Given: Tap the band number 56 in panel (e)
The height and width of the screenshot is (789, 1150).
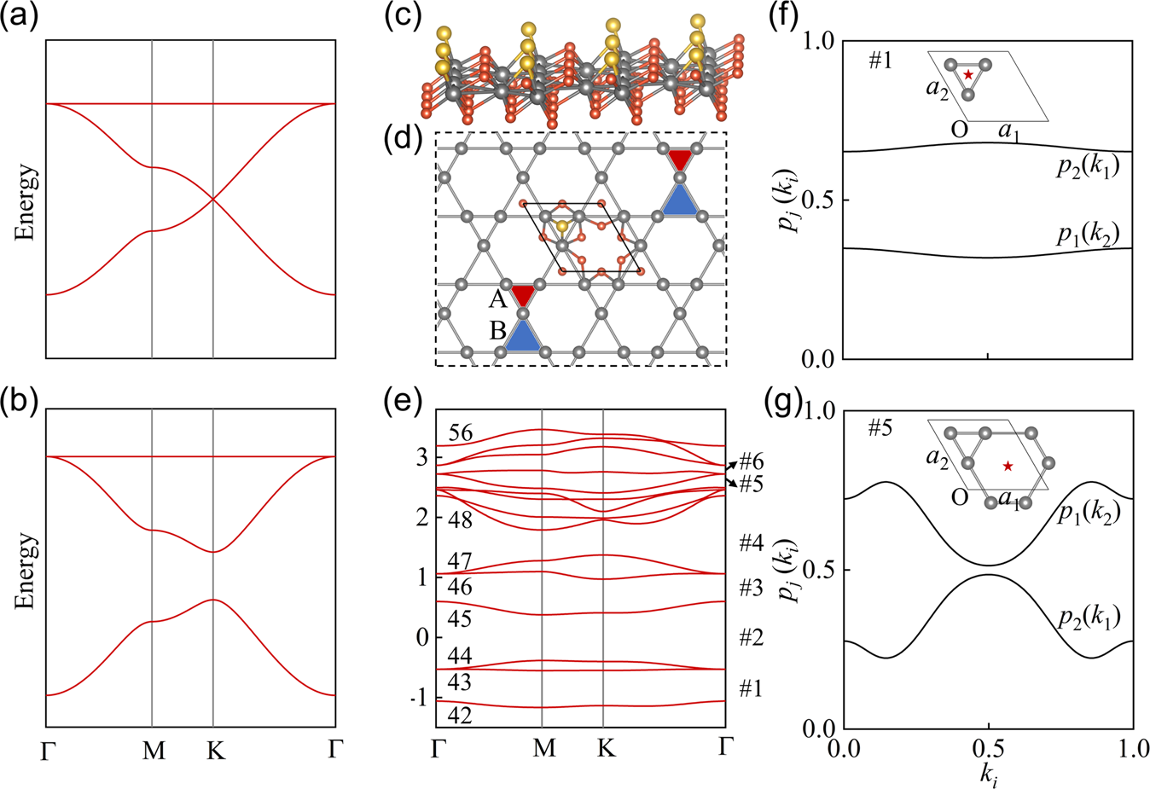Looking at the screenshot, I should tap(461, 433).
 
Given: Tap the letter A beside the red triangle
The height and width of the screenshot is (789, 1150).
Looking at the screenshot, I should tap(497, 299).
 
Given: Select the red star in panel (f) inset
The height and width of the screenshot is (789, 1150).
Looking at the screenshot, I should tap(967, 76).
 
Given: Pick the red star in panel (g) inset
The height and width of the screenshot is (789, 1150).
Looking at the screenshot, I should tap(1008, 466).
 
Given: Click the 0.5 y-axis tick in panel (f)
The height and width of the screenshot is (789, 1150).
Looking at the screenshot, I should tap(823, 200).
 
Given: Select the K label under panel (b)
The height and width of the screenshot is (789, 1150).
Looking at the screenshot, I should tap(215, 751).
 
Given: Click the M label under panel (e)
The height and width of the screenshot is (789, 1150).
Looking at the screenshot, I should tap(543, 748).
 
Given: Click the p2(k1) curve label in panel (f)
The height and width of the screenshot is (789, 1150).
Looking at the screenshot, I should tap(1088, 167).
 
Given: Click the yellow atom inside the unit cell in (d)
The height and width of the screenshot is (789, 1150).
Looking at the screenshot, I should tap(562, 227).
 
